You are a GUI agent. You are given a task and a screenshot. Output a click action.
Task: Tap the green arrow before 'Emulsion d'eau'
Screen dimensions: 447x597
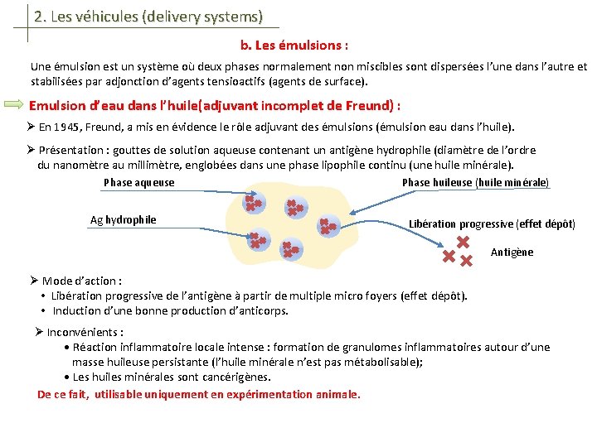tap(15, 105)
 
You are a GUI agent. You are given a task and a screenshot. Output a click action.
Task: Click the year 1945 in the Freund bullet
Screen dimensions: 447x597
tap(71, 127)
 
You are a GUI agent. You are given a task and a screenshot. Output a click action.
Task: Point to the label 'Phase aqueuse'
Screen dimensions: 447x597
tap(139, 182)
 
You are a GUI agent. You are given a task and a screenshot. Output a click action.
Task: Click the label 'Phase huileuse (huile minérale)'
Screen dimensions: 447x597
tap(475, 182)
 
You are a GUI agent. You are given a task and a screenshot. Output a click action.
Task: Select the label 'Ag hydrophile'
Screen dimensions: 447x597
tap(123, 220)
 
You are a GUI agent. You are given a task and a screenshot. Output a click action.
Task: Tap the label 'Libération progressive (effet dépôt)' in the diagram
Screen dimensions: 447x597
tap(492, 224)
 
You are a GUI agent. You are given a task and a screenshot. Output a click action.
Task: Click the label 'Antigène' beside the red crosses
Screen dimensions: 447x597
tap(512, 252)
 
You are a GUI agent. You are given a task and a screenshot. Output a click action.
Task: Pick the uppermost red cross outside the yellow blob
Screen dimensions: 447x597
tap(463, 242)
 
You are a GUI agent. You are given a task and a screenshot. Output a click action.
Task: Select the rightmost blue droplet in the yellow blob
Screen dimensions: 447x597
tap(328, 225)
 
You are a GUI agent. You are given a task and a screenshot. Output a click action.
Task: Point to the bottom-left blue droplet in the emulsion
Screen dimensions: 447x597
tap(259, 241)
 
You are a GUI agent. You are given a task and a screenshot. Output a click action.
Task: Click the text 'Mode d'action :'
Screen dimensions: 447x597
tap(82, 281)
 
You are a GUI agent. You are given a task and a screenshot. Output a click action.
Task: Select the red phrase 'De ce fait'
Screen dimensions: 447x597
tap(63, 394)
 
